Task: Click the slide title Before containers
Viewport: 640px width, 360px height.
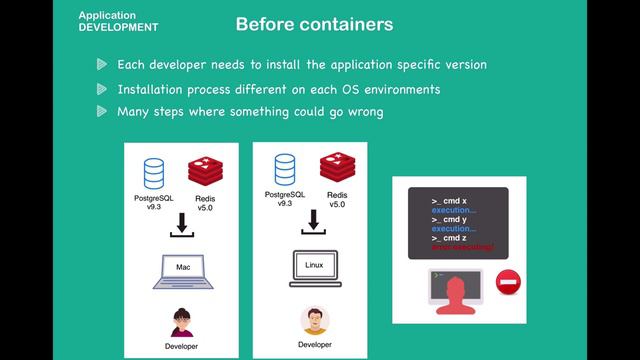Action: point(314,23)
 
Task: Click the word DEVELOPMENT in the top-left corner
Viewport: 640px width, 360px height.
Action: point(118,27)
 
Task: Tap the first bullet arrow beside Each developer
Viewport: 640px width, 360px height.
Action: point(102,64)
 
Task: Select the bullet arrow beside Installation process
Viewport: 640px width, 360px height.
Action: point(102,89)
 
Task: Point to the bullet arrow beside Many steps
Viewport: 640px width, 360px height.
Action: point(102,111)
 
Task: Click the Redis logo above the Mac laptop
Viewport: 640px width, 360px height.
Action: point(204,170)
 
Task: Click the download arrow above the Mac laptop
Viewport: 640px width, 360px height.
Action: point(181,226)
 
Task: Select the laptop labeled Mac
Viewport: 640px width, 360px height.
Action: point(182,271)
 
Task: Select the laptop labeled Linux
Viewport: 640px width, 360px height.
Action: point(314,268)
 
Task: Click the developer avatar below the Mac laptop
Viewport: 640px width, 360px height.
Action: point(182,323)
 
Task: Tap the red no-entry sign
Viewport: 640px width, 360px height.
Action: point(508,284)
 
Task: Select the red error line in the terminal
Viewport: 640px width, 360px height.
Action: point(462,246)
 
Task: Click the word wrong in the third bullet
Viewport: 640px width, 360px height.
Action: point(363,111)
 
